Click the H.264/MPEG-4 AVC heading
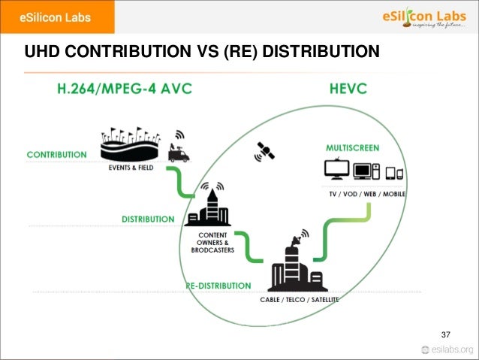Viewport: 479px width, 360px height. [x=125, y=89]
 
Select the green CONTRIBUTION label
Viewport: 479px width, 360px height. [x=56, y=155]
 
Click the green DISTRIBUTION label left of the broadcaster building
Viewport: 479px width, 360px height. [x=148, y=219]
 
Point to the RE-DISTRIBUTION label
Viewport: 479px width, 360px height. [x=218, y=286]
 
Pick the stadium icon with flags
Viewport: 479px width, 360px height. [x=132, y=146]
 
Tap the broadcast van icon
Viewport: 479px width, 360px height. [x=179, y=151]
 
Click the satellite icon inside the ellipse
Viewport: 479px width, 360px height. [x=264, y=151]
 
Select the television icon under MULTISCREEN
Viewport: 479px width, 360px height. [x=335, y=170]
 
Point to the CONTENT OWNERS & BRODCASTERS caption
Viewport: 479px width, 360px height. [x=212, y=242]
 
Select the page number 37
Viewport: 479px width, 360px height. [x=446, y=334]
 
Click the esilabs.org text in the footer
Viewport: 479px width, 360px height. [x=453, y=349]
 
